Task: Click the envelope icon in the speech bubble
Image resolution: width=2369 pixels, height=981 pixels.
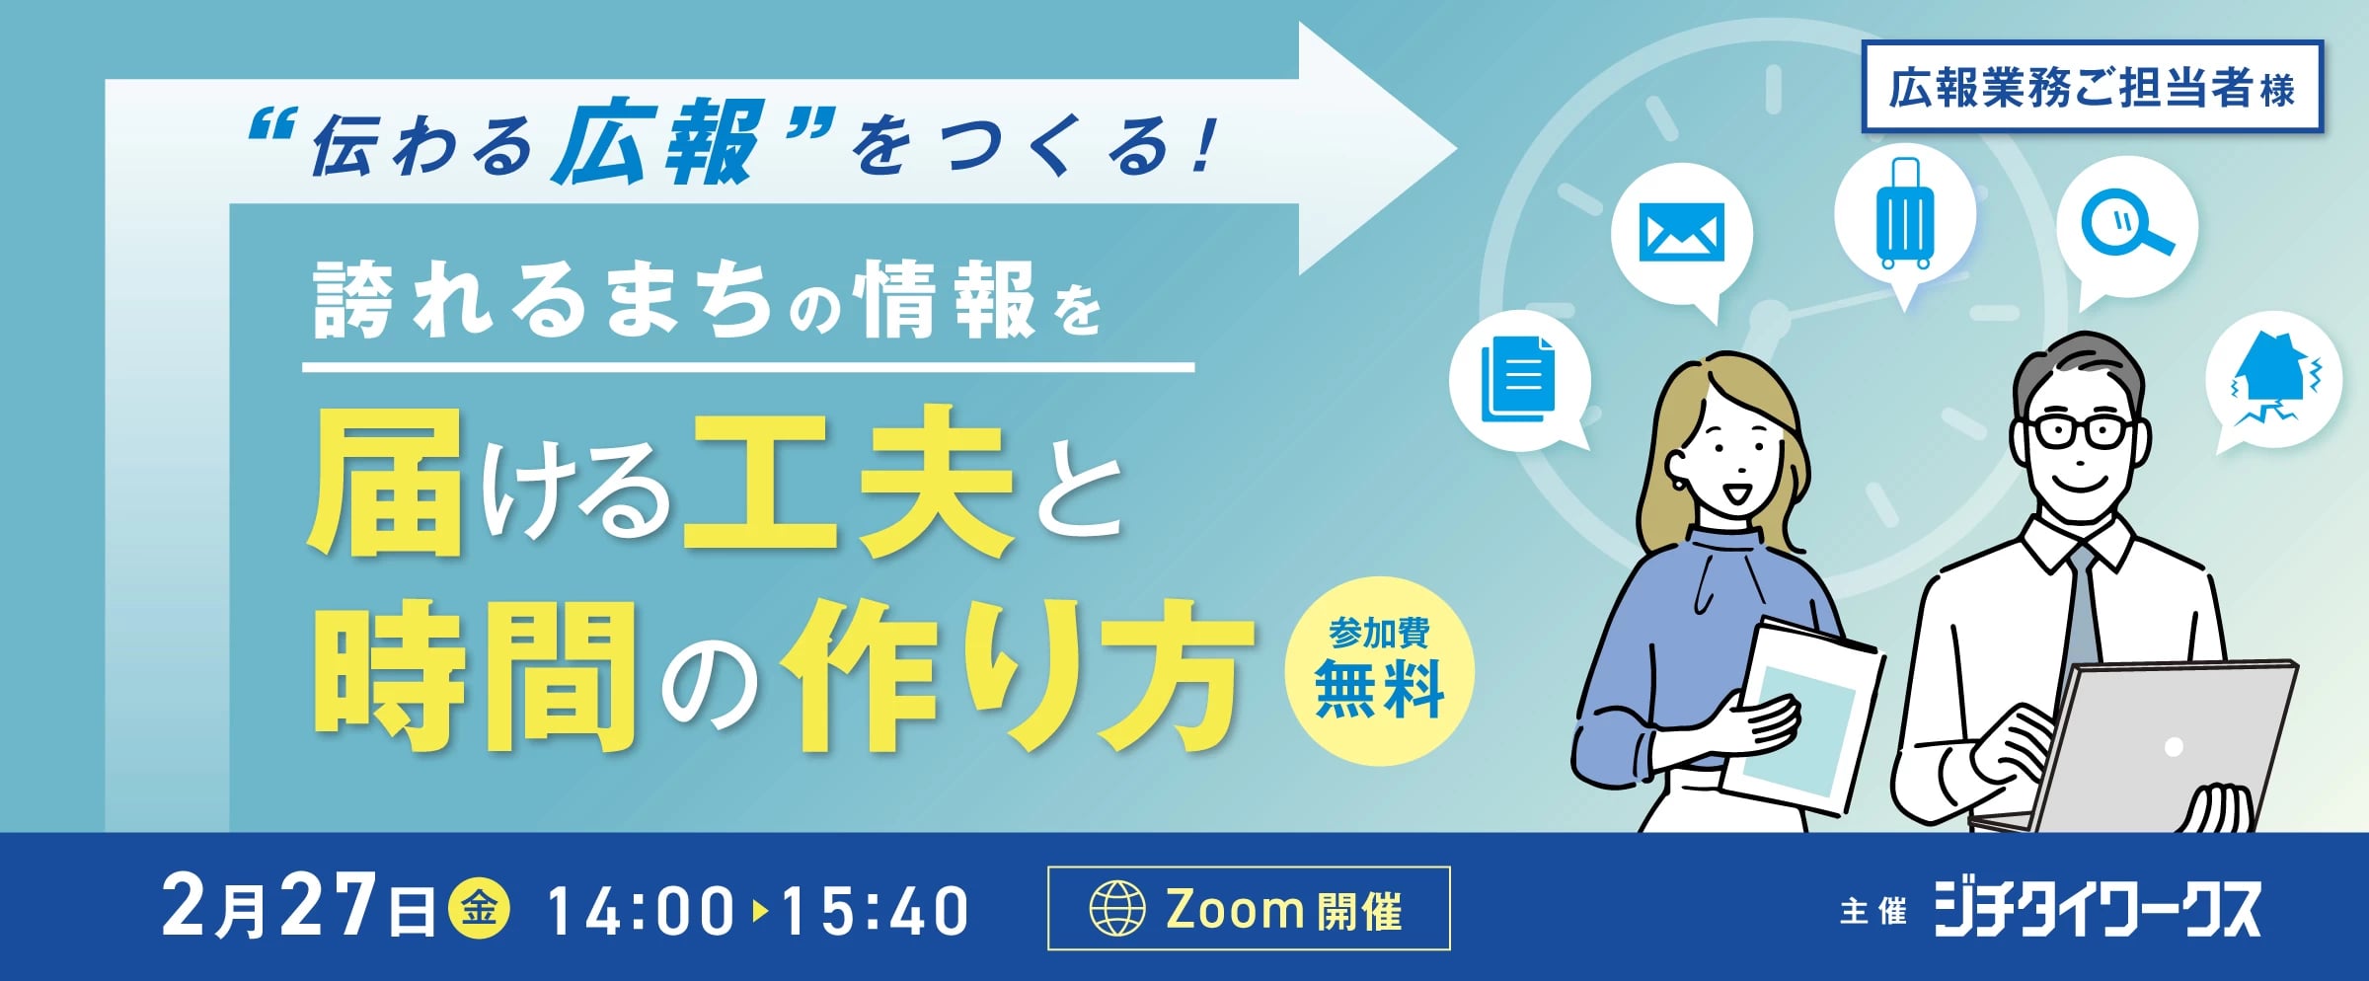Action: click(1681, 232)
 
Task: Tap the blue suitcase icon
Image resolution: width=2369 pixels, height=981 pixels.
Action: click(1904, 213)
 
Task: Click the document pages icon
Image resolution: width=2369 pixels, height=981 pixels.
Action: click(1518, 378)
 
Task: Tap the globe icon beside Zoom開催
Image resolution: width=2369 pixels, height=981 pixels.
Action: click(1116, 908)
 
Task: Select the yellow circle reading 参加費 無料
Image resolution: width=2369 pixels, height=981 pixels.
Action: click(1379, 670)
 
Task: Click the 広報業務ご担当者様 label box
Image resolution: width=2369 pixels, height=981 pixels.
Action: click(2092, 87)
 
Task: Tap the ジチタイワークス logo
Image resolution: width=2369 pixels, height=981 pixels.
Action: click(2096, 909)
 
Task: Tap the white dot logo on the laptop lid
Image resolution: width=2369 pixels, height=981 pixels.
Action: click(2173, 747)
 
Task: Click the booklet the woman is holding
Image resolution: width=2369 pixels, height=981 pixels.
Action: click(1801, 716)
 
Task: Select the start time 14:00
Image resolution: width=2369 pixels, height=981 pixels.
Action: click(641, 910)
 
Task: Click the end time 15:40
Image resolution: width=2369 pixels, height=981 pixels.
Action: click(875, 910)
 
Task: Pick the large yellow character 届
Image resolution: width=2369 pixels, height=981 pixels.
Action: click(386, 484)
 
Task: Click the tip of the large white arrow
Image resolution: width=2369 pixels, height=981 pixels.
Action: click(1457, 149)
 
